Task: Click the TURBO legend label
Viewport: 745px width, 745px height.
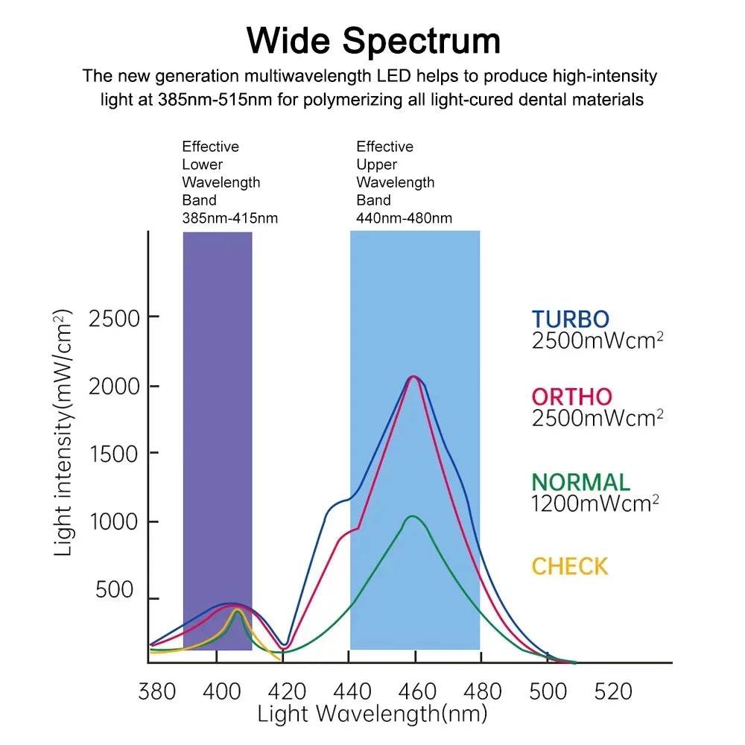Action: click(570, 319)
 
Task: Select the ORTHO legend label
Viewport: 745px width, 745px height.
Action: click(571, 396)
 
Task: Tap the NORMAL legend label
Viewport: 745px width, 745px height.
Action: click(580, 482)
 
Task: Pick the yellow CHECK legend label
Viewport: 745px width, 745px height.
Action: click(569, 566)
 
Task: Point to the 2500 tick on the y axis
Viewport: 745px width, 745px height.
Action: click(114, 318)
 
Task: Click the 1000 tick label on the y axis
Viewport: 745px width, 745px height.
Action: click(114, 521)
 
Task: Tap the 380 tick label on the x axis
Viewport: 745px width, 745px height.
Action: click(158, 691)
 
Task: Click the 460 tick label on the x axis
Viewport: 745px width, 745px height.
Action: click(416, 691)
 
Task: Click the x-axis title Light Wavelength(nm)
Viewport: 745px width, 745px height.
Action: click(372, 714)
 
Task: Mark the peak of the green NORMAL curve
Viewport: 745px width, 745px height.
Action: click(411, 516)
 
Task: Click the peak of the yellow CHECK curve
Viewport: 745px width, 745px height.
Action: click(238, 609)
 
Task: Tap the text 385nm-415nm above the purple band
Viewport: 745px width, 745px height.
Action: click(229, 218)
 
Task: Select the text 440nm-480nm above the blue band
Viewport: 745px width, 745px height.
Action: click(404, 218)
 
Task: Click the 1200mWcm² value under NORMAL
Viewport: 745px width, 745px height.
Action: click(595, 503)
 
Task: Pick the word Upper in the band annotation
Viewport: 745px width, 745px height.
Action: click(376, 165)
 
